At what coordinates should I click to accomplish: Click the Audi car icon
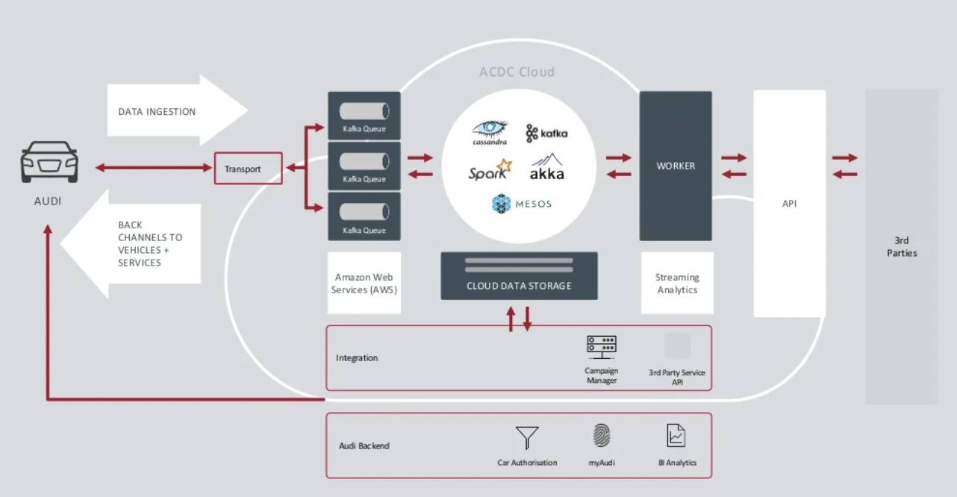49,162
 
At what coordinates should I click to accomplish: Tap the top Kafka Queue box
364,116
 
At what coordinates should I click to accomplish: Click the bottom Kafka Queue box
364,216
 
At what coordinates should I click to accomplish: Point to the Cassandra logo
490,132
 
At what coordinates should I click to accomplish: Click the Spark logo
490,171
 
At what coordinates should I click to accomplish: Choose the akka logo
547,168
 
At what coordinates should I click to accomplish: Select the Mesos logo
522,203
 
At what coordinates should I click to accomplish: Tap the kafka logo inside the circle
546,133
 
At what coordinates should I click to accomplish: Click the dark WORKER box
676,166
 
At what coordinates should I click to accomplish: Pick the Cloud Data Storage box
519,276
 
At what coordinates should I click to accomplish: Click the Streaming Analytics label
677,284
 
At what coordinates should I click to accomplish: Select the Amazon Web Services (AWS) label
364,284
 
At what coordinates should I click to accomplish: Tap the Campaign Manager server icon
601,346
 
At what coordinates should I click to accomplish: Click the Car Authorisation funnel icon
527,437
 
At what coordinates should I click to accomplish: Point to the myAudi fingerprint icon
601,436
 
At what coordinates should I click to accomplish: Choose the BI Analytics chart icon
676,435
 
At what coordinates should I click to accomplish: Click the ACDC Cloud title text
517,72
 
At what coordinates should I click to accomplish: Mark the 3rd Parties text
902,247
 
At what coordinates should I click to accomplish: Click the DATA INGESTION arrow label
157,112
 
